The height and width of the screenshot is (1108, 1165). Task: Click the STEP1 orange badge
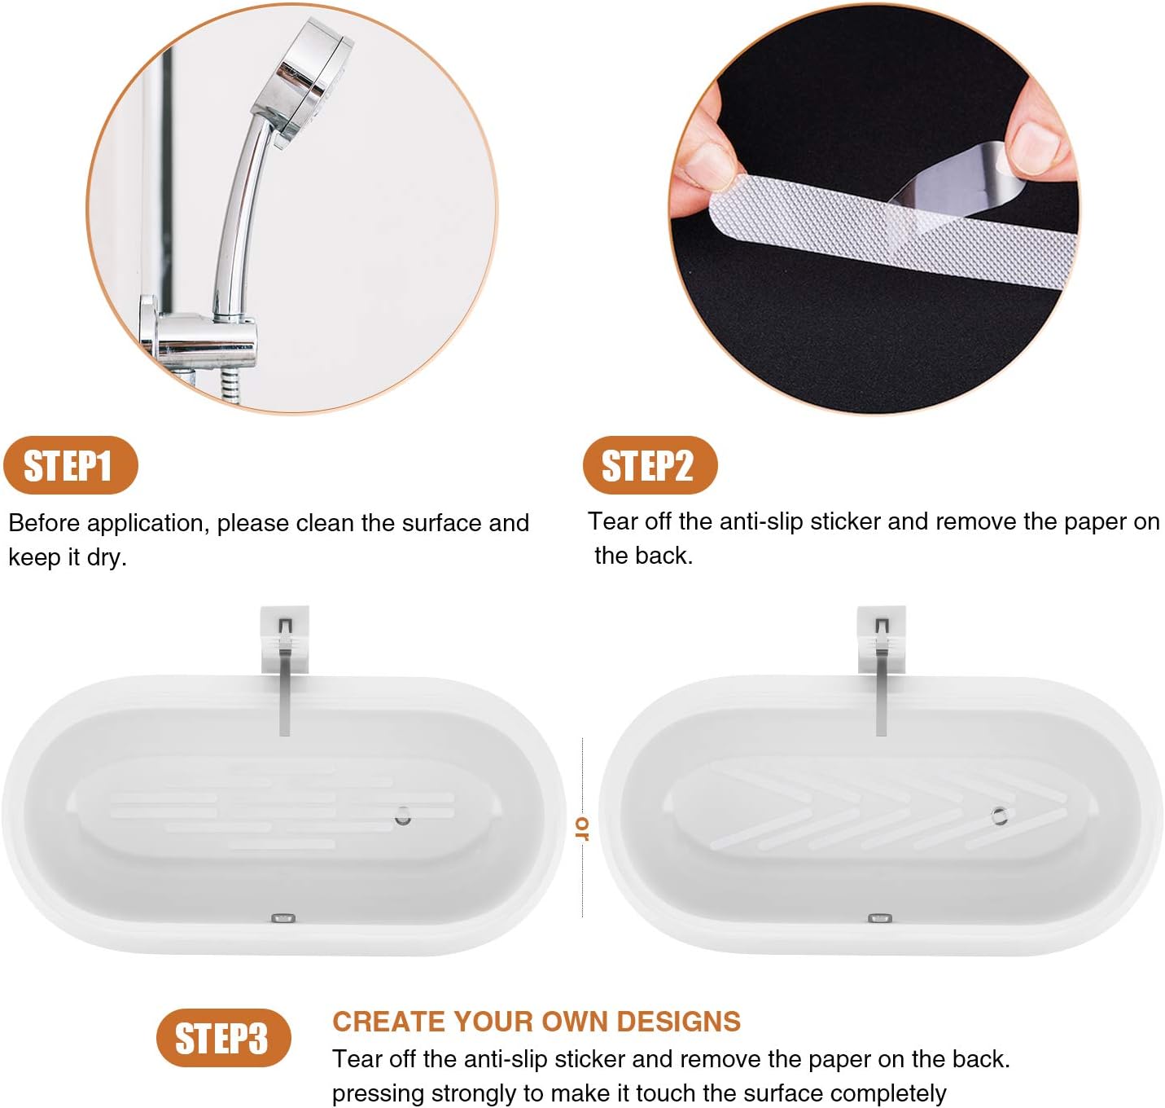70,466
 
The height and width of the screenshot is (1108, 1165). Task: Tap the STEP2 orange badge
650,466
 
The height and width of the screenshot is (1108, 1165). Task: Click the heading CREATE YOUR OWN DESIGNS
537,1021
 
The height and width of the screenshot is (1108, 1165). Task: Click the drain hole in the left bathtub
403,816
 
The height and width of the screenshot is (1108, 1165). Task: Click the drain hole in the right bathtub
1000,815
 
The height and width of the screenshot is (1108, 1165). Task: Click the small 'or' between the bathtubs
581,828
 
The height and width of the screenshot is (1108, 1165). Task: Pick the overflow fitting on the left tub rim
282,918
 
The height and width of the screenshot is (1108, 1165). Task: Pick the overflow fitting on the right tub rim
879,918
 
